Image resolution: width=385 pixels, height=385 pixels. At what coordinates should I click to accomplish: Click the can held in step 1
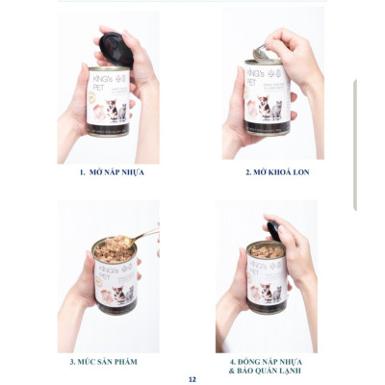point(108,101)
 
